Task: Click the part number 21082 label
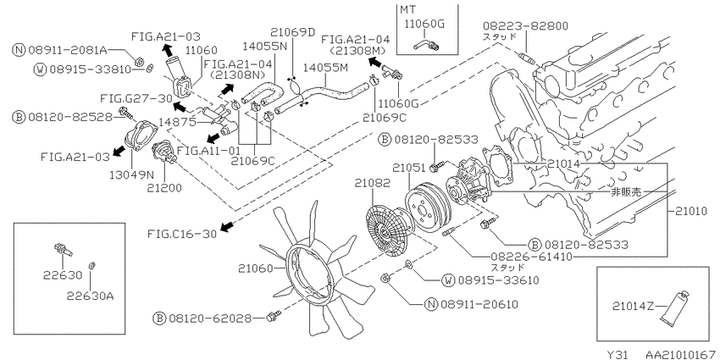(x=372, y=184)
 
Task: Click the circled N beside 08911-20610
(x=431, y=304)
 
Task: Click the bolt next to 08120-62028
(x=274, y=317)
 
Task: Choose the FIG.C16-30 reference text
(x=182, y=234)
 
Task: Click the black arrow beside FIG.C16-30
(x=227, y=226)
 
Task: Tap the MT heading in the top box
(x=407, y=9)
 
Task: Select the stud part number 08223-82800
(x=525, y=25)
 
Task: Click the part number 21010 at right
(x=693, y=212)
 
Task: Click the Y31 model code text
(x=618, y=355)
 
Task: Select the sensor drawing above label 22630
(x=64, y=249)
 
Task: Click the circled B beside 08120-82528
(x=19, y=117)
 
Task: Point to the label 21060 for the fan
(x=256, y=268)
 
